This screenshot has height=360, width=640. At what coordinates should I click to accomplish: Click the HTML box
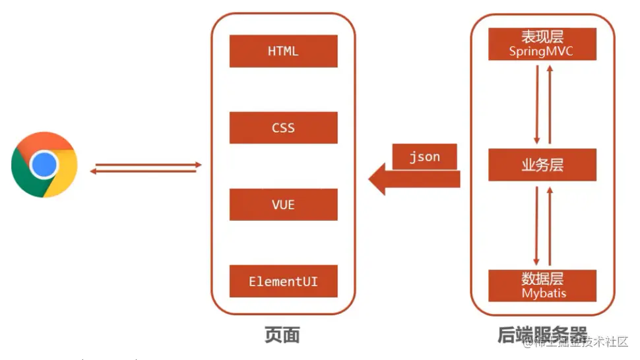click(283, 51)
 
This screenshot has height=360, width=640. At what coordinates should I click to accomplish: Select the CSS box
click(283, 128)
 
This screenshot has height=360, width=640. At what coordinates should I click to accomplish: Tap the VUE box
click(283, 204)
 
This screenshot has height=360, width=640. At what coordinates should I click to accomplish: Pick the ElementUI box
click(283, 282)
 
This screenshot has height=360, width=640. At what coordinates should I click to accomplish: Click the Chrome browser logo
click(44, 165)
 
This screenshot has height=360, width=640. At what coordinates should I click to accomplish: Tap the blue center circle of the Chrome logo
click(44, 165)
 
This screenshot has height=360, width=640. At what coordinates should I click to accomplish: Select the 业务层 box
click(542, 165)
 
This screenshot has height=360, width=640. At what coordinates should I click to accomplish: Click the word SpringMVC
click(542, 51)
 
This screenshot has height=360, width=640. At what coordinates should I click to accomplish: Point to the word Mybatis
click(544, 293)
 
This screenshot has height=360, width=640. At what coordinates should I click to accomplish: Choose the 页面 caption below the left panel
click(282, 335)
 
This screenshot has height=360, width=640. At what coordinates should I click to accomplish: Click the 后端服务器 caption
click(542, 335)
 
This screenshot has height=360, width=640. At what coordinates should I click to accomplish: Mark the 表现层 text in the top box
click(542, 37)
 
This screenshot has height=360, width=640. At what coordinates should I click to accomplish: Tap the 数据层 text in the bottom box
click(542, 278)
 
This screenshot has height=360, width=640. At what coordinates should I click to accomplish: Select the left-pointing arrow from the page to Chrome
click(144, 171)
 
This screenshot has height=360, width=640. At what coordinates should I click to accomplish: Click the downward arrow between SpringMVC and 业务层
click(537, 104)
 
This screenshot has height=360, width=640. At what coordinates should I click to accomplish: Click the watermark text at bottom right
click(581, 342)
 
